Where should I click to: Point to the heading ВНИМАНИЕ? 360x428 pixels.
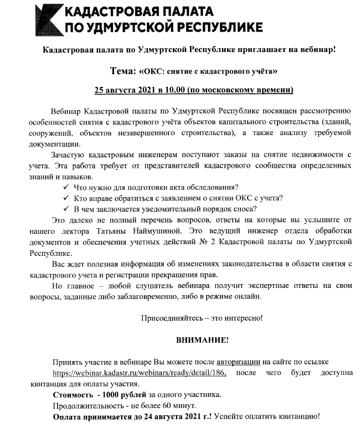(202, 339)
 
